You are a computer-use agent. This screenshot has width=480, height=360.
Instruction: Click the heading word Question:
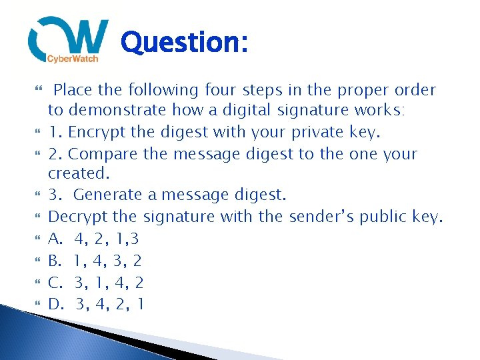(x=185, y=43)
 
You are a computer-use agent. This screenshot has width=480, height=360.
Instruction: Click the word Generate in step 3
(x=107, y=195)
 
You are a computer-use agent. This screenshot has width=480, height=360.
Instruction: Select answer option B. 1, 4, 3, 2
(x=95, y=260)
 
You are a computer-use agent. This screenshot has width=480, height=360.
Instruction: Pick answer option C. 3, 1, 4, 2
(x=96, y=282)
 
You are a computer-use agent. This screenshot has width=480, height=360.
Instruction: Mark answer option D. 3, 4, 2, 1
(x=96, y=304)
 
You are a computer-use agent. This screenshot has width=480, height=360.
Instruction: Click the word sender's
(x=320, y=217)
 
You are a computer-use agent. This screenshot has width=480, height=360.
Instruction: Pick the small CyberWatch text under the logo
(x=72, y=59)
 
